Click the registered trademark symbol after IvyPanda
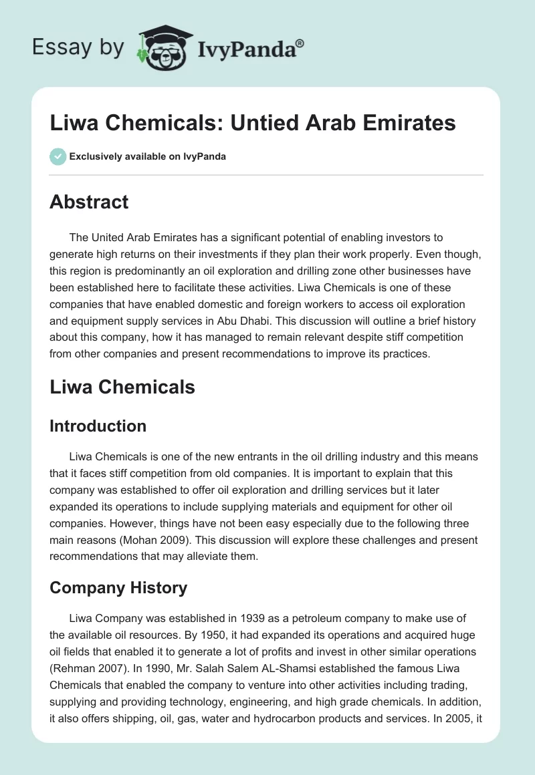click(300, 43)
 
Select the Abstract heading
click(89, 201)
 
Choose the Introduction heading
click(98, 426)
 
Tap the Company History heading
click(118, 587)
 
